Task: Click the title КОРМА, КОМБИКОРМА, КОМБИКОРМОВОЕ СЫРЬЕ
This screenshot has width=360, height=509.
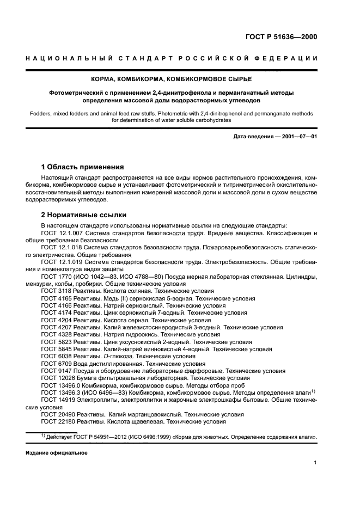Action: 180,79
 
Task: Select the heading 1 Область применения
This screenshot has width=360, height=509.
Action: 83,167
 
